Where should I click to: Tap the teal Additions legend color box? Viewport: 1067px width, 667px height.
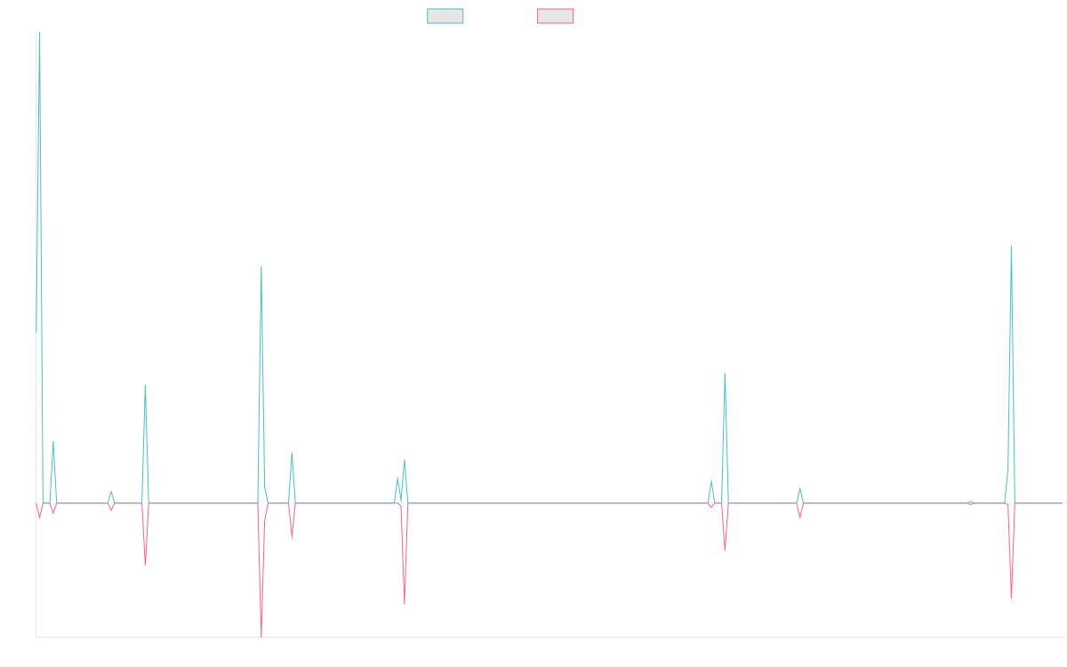click(445, 16)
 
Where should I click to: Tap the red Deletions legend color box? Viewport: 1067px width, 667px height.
click(555, 16)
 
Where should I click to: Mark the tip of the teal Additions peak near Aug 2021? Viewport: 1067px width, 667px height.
click(261, 267)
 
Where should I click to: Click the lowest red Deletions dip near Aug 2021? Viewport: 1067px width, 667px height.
click(261, 635)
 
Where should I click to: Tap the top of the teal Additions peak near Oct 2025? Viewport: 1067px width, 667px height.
click(1011, 246)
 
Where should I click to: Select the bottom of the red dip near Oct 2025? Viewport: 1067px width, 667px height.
click(1011, 598)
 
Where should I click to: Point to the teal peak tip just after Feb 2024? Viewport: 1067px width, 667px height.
click(725, 374)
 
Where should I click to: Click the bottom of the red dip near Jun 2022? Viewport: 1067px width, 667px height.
click(405, 604)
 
